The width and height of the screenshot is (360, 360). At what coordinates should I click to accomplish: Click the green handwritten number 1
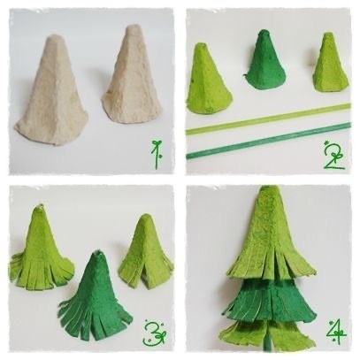point(157,155)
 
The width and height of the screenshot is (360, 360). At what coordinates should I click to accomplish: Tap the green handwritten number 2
point(334,156)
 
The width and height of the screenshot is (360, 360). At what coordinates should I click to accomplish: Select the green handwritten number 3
point(155,333)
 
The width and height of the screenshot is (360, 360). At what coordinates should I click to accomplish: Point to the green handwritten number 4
point(336,333)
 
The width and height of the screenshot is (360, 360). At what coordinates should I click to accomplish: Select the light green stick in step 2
point(268,119)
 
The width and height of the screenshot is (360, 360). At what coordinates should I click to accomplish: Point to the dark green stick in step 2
point(268,141)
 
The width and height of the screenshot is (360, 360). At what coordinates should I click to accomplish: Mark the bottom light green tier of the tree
point(267,334)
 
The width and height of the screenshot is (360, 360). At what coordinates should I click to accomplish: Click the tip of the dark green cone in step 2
point(263,31)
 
